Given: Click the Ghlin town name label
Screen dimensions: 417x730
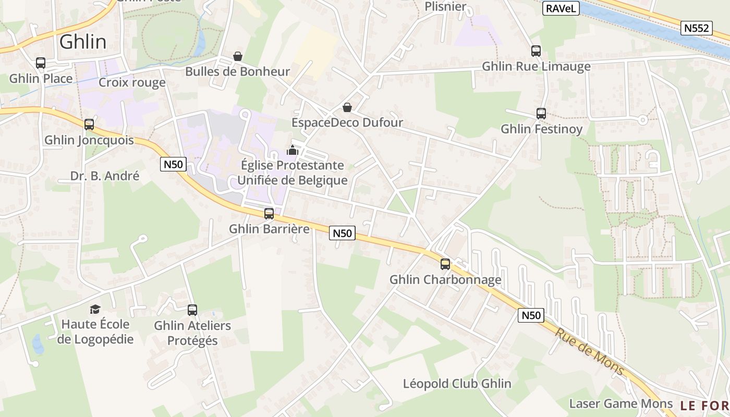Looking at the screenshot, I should coord(83,42).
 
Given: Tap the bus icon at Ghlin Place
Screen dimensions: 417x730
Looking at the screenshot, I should coord(41,63).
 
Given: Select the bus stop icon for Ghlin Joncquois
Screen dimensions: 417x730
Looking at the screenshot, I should coord(89,125).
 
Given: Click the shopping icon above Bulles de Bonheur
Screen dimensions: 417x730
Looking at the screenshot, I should coord(238,56).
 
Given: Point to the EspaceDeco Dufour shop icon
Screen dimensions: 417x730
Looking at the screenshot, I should coord(347,107).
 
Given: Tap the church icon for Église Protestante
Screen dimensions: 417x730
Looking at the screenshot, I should coord(293,151).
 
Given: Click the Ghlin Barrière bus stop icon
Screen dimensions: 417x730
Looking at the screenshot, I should coord(269,213).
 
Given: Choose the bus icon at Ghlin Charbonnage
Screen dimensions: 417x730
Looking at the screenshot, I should coord(445,264).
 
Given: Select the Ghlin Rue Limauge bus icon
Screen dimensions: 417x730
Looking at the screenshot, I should coord(536,51).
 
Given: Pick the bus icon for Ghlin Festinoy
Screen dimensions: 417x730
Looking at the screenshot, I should coord(541,113).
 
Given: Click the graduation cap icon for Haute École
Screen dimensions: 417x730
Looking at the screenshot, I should coord(95,309).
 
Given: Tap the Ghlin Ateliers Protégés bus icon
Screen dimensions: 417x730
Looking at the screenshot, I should coord(192,310).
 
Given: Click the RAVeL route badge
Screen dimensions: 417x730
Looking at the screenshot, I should coord(561,8).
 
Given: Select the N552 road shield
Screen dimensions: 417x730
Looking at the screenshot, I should coord(697,28).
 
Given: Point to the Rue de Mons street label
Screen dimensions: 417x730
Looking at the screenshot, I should coord(589,351).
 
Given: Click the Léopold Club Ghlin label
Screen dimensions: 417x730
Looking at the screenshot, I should coord(457,384).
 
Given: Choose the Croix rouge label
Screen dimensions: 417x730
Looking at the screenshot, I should coord(132,82).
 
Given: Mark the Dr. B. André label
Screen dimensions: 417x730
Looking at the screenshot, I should coord(105,176).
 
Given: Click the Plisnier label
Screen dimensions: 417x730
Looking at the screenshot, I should coord(445,7).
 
